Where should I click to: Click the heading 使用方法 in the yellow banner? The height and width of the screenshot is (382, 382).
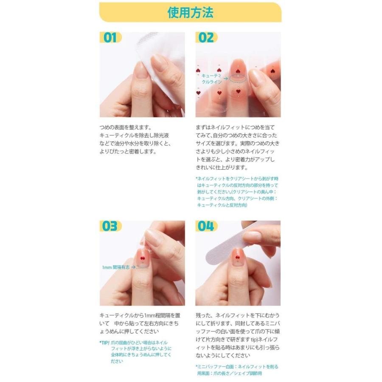(x=190, y=12)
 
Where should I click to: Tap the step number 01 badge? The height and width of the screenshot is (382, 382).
(x=110, y=37)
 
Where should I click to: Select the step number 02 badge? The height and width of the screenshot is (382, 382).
(x=206, y=37)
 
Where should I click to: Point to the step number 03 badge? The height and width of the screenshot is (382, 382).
(x=110, y=226)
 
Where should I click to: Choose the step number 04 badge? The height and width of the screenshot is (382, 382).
(x=206, y=226)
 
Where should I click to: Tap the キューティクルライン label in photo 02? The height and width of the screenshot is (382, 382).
(x=211, y=79)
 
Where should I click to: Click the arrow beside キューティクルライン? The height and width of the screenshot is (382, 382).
(x=226, y=79)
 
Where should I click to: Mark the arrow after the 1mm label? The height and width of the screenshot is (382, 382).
(x=134, y=267)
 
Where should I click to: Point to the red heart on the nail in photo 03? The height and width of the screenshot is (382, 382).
(x=143, y=258)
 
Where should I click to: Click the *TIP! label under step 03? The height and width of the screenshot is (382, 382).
(x=104, y=343)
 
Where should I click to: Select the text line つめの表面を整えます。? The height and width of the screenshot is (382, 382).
(x=126, y=127)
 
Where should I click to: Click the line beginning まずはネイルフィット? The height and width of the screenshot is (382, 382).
(x=235, y=127)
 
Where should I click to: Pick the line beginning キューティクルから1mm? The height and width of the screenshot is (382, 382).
(x=140, y=315)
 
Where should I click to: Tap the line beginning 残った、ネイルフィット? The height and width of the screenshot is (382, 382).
(x=238, y=315)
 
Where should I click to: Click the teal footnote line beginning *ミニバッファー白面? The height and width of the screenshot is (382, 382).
(x=237, y=367)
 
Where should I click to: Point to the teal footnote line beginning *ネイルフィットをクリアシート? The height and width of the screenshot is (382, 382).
(x=237, y=179)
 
